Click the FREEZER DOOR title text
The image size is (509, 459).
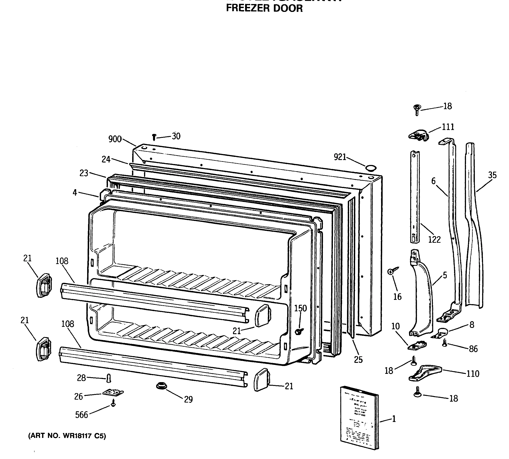point(264,8)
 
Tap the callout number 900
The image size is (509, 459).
point(115,139)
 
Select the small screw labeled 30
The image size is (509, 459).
point(154,137)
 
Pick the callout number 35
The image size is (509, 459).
point(492,175)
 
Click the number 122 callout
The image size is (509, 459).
point(434,239)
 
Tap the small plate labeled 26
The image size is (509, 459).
point(113,393)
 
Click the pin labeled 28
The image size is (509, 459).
point(109,378)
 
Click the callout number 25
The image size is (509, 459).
point(358,359)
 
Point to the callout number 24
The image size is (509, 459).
point(106,159)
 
